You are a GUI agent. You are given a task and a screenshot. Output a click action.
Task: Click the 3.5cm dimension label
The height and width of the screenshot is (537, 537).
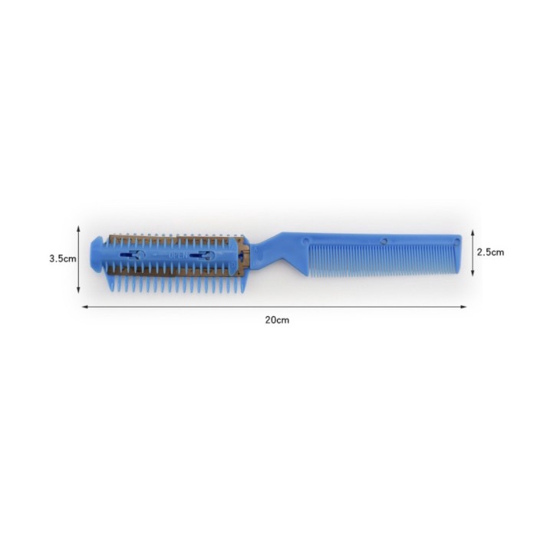pos(63,259)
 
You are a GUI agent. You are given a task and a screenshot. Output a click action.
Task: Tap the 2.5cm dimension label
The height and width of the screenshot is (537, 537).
pos(490,252)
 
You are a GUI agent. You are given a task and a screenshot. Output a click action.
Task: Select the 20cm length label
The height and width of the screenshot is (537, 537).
pos(277,320)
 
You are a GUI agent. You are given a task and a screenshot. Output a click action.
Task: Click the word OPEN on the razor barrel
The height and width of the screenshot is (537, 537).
pos(178,255)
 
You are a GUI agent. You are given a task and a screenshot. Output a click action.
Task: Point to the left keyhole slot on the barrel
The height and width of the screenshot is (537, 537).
pos(133,255)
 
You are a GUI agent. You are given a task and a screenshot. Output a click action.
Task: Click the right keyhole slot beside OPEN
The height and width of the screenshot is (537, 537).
pos(202,255)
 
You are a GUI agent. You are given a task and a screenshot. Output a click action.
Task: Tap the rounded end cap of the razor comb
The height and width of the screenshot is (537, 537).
pos(99,255)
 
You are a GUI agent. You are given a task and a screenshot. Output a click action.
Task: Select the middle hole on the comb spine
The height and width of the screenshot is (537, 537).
pos(384,241)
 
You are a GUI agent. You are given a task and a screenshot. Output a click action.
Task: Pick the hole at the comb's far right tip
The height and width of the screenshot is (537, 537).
pos(456,242)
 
